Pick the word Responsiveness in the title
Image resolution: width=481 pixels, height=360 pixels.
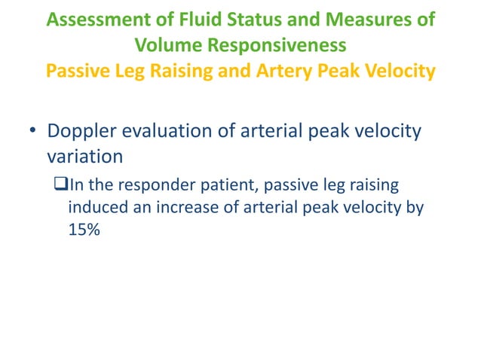pos(275,45)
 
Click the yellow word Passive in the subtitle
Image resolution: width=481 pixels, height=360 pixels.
pos(76,72)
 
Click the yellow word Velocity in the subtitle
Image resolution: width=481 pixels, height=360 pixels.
pos(397,72)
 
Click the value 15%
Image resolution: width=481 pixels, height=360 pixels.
pos(84,230)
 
